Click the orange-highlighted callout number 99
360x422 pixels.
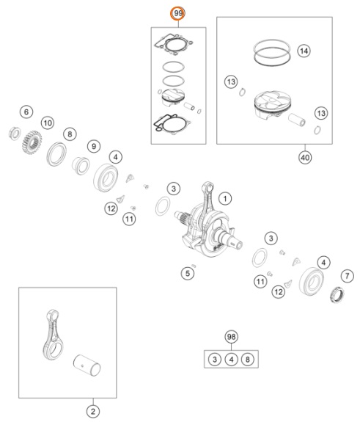click(x=178, y=13)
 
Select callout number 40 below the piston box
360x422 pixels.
click(x=305, y=157)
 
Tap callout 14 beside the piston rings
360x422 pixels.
click(x=304, y=51)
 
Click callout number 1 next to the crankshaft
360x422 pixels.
click(x=225, y=199)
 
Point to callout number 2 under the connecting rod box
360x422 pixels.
click(x=93, y=411)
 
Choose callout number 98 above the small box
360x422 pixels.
click(x=231, y=337)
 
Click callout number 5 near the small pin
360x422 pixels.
click(x=188, y=273)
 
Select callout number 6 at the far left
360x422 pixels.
click(x=26, y=112)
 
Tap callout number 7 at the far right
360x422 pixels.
click(x=347, y=276)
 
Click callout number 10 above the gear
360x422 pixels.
click(x=48, y=123)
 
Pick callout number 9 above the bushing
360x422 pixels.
click(x=94, y=146)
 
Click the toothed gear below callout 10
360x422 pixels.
click(x=32, y=142)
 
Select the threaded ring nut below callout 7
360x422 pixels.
click(x=337, y=295)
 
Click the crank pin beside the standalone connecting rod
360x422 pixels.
click(x=87, y=365)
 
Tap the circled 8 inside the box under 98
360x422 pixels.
click(x=248, y=360)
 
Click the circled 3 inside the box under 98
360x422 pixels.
click(x=215, y=360)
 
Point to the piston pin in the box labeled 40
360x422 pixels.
click(x=297, y=120)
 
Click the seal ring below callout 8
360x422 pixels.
click(x=56, y=154)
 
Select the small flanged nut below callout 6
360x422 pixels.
click(x=15, y=134)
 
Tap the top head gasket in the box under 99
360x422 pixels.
click(x=174, y=45)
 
